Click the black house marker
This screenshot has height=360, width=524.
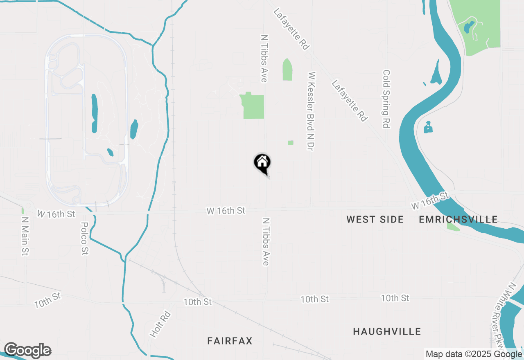pyautogui.click(x=262, y=163)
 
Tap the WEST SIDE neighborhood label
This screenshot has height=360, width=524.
pyautogui.click(x=375, y=220)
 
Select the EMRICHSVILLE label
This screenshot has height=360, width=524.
pyautogui.click(x=458, y=220)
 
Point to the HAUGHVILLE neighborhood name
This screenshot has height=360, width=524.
pyautogui.click(x=387, y=331)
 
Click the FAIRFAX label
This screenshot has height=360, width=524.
pyautogui.click(x=230, y=341)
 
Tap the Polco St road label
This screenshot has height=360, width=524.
pyautogui.click(x=85, y=239)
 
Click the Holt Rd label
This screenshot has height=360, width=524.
pyautogui.click(x=160, y=324)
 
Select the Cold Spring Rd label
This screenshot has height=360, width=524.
pyautogui.click(x=386, y=99)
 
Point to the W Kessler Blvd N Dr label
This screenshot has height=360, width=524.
pyautogui.click(x=312, y=111)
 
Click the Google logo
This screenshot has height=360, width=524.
pyautogui.click(x=27, y=351)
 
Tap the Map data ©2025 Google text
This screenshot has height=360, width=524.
pyautogui.click(x=474, y=354)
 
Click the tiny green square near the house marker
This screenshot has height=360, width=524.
pyautogui.click(x=291, y=143)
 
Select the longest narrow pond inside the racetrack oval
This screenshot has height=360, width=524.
pyautogui.click(x=95, y=114)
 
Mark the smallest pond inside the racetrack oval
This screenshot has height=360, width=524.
pyautogui.click(x=110, y=152)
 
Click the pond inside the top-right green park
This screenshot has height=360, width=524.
pyautogui.click(x=467, y=28)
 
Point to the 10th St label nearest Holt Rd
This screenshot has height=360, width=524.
pyautogui.click(x=197, y=302)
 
